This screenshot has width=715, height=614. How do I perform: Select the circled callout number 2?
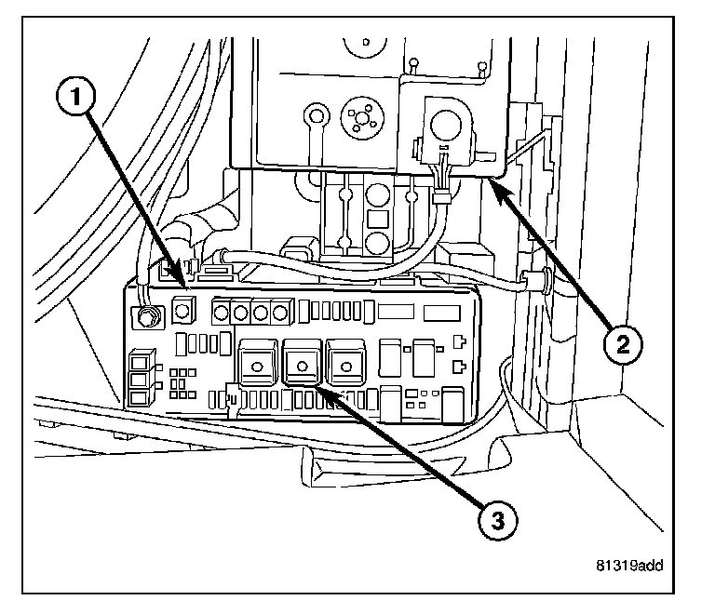coord(621,344)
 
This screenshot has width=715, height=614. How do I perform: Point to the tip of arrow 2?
coord(490,182)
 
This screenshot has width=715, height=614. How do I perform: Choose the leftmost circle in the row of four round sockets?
coord(224,311)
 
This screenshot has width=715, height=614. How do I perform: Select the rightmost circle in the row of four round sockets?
coord(281,311)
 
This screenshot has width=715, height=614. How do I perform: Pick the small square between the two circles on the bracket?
coord(377,220)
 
